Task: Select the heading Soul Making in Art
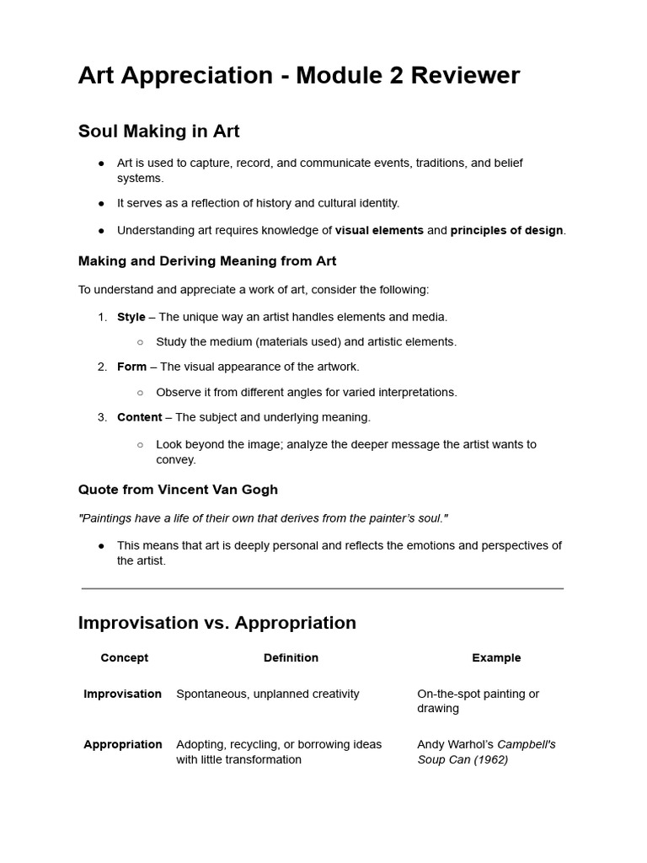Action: coord(158,131)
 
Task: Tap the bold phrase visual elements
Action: coord(379,230)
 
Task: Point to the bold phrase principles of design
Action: coord(506,230)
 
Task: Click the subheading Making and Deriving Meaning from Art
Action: coord(207,261)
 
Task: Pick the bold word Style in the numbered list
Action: coord(131,317)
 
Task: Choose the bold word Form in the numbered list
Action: coord(131,367)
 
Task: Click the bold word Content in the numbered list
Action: coord(139,417)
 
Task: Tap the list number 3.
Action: coord(102,417)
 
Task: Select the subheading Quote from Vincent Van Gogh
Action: coord(178,490)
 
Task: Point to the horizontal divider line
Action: coord(323,588)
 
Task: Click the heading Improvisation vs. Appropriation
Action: coord(217,623)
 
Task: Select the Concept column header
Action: coord(124,657)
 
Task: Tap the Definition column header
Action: coord(291,657)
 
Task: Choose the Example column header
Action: coord(496,657)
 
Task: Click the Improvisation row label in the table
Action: coord(122,694)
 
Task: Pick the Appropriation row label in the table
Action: coord(123,744)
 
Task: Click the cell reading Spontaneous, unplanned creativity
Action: coord(267,694)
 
